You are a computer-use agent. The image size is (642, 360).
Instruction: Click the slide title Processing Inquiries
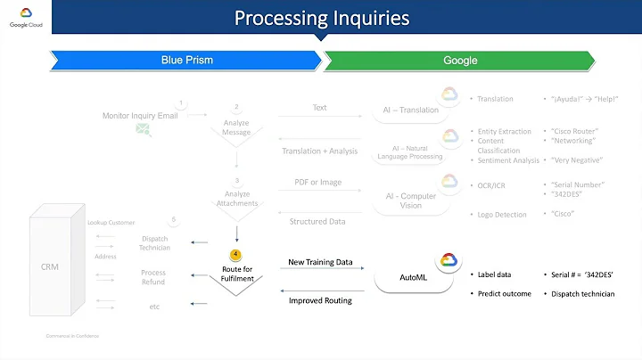pyautogui.click(x=321, y=19)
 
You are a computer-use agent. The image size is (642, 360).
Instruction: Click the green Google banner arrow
pyautogui.click(x=458, y=61)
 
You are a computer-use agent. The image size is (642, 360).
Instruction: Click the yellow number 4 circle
pyautogui.click(x=235, y=254)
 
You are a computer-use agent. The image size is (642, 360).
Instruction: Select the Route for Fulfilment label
pyautogui.click(x=235, y=273)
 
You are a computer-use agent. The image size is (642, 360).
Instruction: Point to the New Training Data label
pyautogui.click(x=320, y=262)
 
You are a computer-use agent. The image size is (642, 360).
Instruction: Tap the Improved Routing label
pyautogui.click(x=320, y=300)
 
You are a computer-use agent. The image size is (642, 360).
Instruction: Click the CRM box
pyautogui.click(x=50, y=266)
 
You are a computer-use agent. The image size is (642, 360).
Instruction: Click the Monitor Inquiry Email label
pyautogui.click(x=138, y=115)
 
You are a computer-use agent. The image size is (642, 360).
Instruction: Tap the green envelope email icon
pyautogui.click(x=142, y=130)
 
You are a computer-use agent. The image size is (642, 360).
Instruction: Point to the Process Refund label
pyautogui.click(x=154, y=277)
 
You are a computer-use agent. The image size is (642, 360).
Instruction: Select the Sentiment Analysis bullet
pyautogui.click(x=508, y=160)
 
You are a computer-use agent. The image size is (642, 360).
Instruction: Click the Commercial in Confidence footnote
pyautogui.click(x=73, y=336)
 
